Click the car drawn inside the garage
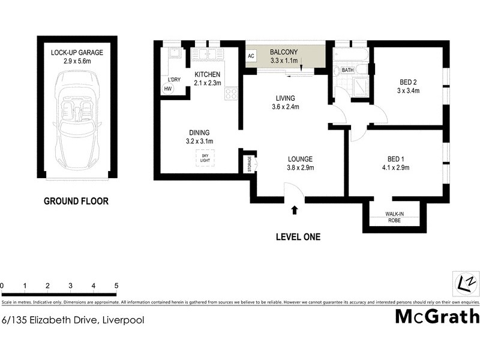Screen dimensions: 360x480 pyautogui.click(x=77, y=119)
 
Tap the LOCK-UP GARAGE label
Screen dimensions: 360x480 pyautogui.click(x=77, y=53)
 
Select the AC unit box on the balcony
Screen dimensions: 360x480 pyautogui.click(x=250, y=56)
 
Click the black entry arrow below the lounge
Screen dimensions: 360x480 pyautogui.click(x=294, y=209)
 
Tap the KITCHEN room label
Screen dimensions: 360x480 pyautogui.click(x=208, y=74)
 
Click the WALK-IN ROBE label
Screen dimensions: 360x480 pyautogui.click(x=394, y=217)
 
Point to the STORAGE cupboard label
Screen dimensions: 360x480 pyautogui.click(x=250, y=164)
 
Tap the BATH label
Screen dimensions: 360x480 pyautogui.click(x=347, y=70)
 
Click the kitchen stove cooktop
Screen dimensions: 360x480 pyautogui.click(x=231, y=93)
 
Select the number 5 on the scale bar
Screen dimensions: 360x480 pyautogui.click(x=116, y=286)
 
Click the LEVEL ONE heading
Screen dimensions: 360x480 pyautogui.click(x=298, y=237)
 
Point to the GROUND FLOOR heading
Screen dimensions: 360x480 pyautogui.click(x=76, y=201)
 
